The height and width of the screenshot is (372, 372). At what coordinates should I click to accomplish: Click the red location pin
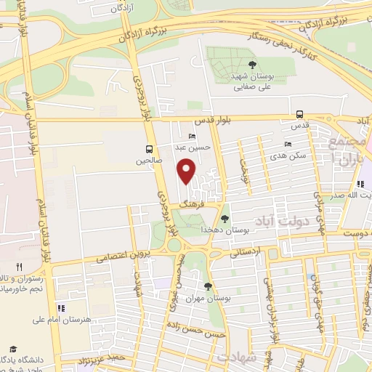[x=187, y=169]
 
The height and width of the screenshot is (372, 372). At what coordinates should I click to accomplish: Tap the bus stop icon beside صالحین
[x=149, y=144]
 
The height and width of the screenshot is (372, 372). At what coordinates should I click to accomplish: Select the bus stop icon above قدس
[x=299, y=114]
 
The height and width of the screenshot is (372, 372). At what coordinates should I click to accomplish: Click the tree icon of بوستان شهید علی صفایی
[x=252, y=65]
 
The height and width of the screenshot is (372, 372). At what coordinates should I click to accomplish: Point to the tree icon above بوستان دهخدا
[x=225, y=218]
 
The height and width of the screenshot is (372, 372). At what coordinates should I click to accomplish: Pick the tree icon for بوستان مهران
[x=209, y=286]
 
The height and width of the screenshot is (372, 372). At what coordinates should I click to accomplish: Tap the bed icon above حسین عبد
[x=192, y=136]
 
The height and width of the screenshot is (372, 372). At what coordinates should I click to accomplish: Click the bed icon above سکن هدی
[x=288, y=145]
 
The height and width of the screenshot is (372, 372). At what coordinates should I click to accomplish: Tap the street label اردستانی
[x=248, y=253]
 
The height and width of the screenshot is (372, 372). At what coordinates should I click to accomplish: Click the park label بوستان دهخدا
[x=234, y=230]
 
